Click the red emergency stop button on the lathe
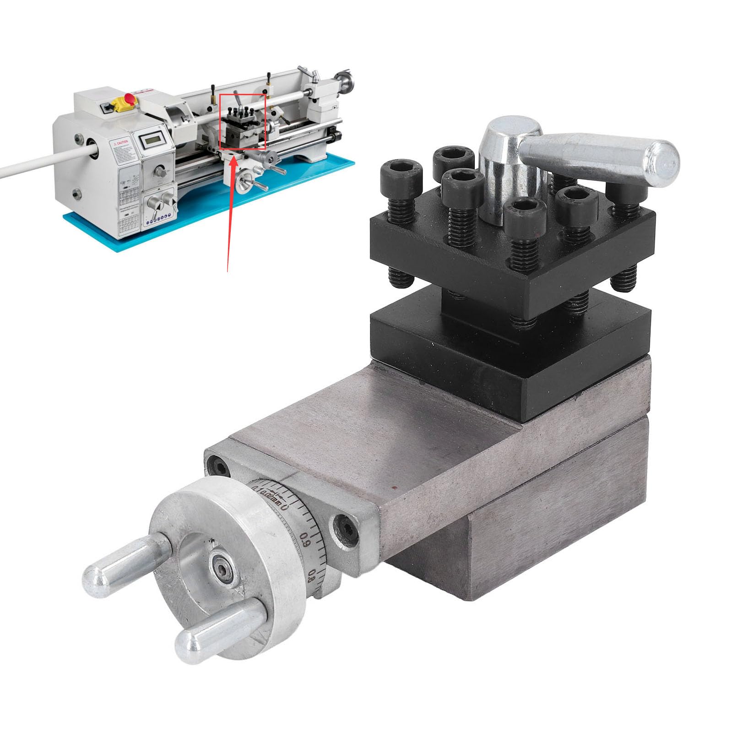pyautogui.click(x=130, y=98)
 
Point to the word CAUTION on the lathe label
pyautogui.click(x=121, y=143)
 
